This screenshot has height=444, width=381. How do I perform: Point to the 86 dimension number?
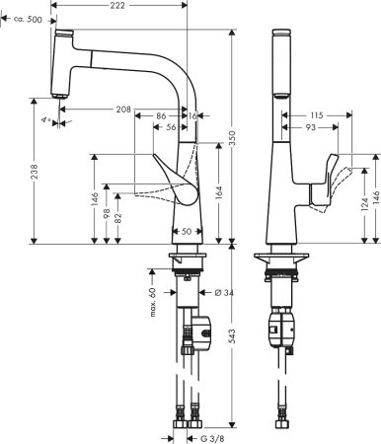pos(159,116)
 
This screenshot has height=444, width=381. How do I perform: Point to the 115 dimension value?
pos(315,116)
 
